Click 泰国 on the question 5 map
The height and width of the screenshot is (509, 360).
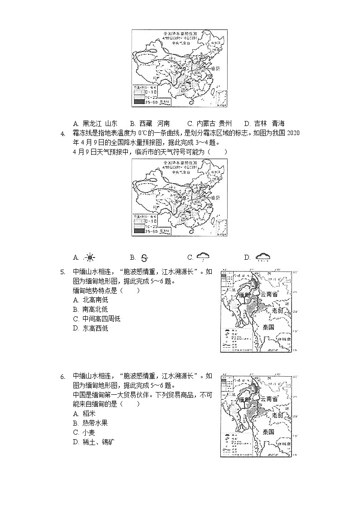coord(268,327)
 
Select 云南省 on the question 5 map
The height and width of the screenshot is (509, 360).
coord(269,294)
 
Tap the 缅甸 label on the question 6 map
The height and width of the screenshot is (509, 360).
coord(244,400)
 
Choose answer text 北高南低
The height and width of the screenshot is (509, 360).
coord(95,300)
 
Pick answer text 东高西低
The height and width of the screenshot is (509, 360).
coord(95,329)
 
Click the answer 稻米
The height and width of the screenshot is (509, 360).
coord(89,413)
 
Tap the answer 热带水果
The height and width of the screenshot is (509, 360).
coord(95,423)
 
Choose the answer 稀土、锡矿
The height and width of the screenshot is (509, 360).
coord(98,442)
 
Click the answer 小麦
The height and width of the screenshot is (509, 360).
coord(89,432)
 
